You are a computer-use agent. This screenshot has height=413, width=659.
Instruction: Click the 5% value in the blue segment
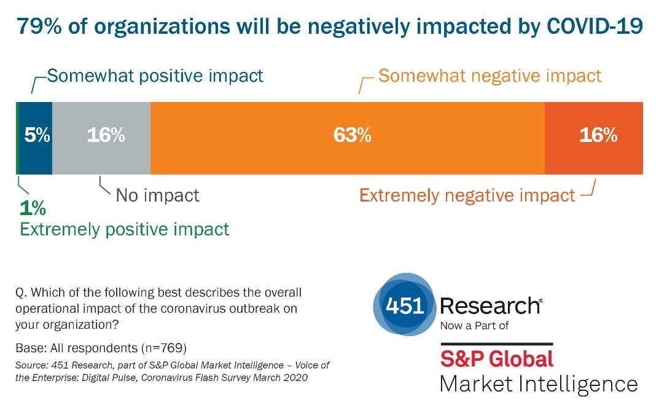(37, 136)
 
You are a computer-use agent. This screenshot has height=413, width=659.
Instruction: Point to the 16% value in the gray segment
(106, 136)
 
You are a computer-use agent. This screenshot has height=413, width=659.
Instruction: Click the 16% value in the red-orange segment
(598, 136)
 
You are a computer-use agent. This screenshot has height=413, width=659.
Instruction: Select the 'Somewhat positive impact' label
(155, 76)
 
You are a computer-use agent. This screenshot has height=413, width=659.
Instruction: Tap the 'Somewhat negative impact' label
(489, 76)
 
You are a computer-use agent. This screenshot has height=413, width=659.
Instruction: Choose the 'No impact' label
(158, 195)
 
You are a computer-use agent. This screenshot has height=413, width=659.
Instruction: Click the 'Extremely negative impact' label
(467, 195)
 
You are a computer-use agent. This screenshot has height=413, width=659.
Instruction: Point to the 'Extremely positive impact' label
(125, 229)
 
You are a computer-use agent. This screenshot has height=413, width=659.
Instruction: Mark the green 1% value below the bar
(32, 208)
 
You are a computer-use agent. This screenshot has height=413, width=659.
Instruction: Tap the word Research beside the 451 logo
(491, 305)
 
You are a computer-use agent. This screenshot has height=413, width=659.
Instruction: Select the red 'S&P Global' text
(496, 358)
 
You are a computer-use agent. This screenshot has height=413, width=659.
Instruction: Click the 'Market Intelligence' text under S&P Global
(539, 384)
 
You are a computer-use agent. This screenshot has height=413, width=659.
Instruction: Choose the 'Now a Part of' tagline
(474, 326)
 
